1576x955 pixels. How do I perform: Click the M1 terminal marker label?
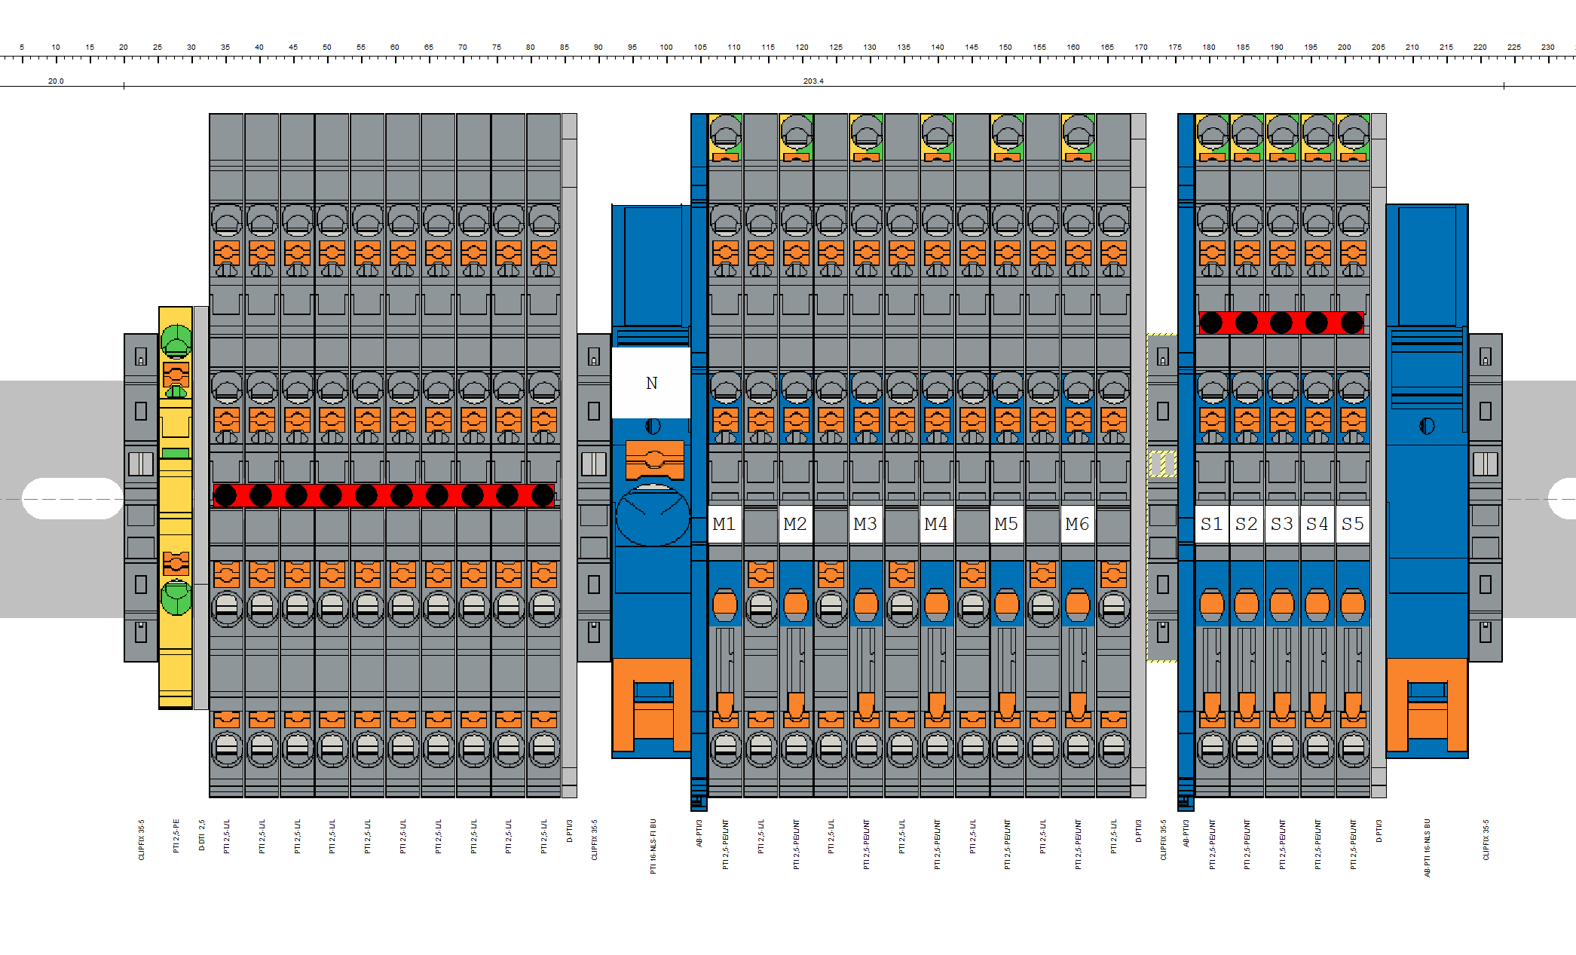(724, 524)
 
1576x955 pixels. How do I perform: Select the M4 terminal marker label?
(936, 524)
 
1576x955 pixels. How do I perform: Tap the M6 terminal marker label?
(1077, 524)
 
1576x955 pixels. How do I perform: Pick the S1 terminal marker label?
(1211, 524)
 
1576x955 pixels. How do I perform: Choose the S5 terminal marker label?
(1353, 524)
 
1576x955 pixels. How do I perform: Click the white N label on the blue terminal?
(651, 383)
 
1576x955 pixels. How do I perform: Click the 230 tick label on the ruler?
(1547, 47)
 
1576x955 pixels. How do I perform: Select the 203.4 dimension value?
(813, 81)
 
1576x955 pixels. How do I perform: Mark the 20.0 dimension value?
(56, 81)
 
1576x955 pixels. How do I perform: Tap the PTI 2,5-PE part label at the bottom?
(176, 836)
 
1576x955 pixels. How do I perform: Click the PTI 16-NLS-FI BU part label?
(653, 846)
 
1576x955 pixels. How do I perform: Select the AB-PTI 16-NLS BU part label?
(1427, 848)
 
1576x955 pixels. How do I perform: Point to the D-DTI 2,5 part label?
(201, 835)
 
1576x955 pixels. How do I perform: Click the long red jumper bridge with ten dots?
(384, 495)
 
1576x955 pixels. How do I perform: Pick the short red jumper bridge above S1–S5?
(1281, 323)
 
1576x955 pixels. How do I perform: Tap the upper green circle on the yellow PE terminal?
(176, 339)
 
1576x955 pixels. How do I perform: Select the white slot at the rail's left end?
(72, 498)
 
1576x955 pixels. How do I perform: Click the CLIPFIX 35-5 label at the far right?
(1486, 840)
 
